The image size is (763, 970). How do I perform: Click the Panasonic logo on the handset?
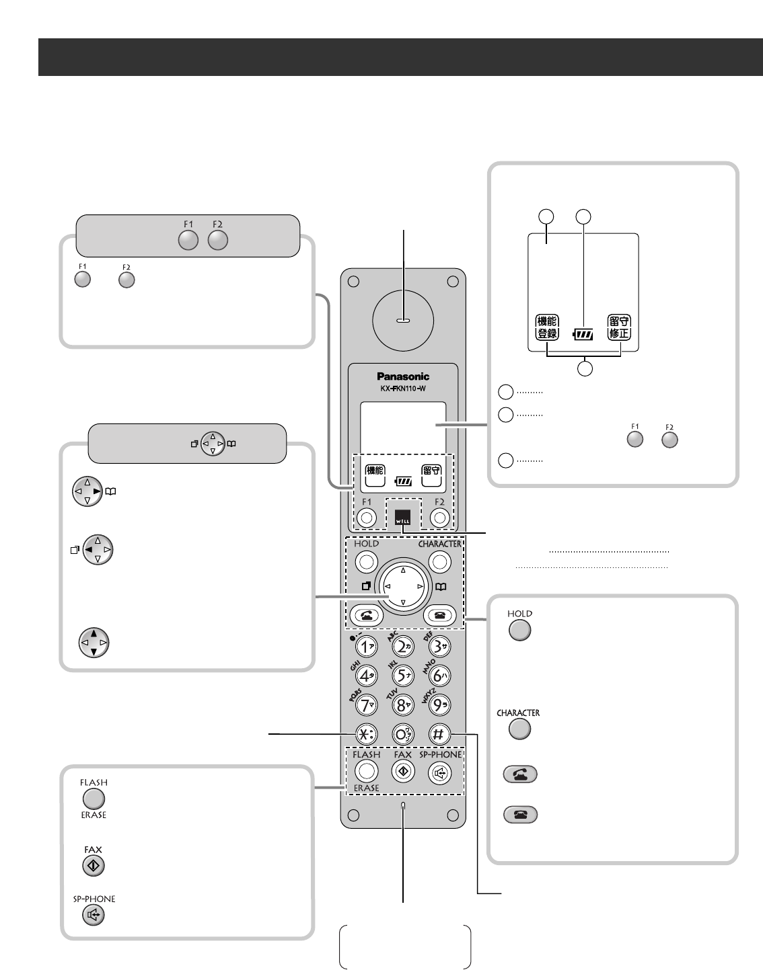(x=403, y=376)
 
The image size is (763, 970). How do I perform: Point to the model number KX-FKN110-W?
(x=403, y=389)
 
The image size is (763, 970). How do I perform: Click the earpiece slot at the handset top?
(x=403, y=321)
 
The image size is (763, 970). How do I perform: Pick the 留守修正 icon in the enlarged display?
(x=619, y=327)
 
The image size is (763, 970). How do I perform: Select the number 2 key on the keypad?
(x=402, y=647)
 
